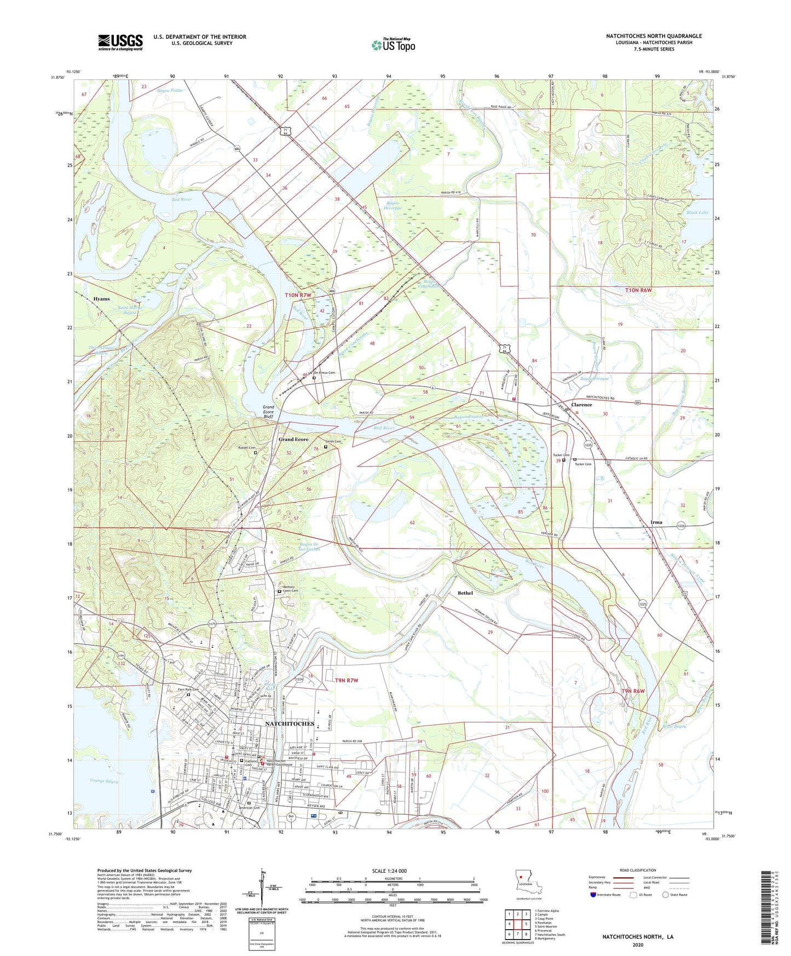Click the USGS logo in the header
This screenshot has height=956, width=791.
(x=120, y=42)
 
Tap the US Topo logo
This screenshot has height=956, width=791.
(x=393, y=45)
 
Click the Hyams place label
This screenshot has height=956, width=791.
(x=101, y=299)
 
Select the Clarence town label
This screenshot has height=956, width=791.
(x=581, y=405)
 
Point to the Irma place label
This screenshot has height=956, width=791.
(x=656, y=522)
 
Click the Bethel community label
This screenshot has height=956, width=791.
(x=465, y=593)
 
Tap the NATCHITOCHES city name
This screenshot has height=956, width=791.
(x=290, y=723)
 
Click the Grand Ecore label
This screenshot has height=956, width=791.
(x=293, y=439)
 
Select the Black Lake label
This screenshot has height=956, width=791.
(x=697, y=212)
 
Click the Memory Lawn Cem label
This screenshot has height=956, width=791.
(x=290, y=589)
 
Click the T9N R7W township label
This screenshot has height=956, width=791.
(x=346, y=680)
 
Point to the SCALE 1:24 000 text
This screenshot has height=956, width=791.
(x=389, y=871)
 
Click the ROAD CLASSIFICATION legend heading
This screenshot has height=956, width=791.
(x=638, y=870)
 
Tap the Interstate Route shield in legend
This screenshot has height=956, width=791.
(x=593, y=895)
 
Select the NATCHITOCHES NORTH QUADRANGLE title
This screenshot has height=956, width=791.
(x=654, y=36)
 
